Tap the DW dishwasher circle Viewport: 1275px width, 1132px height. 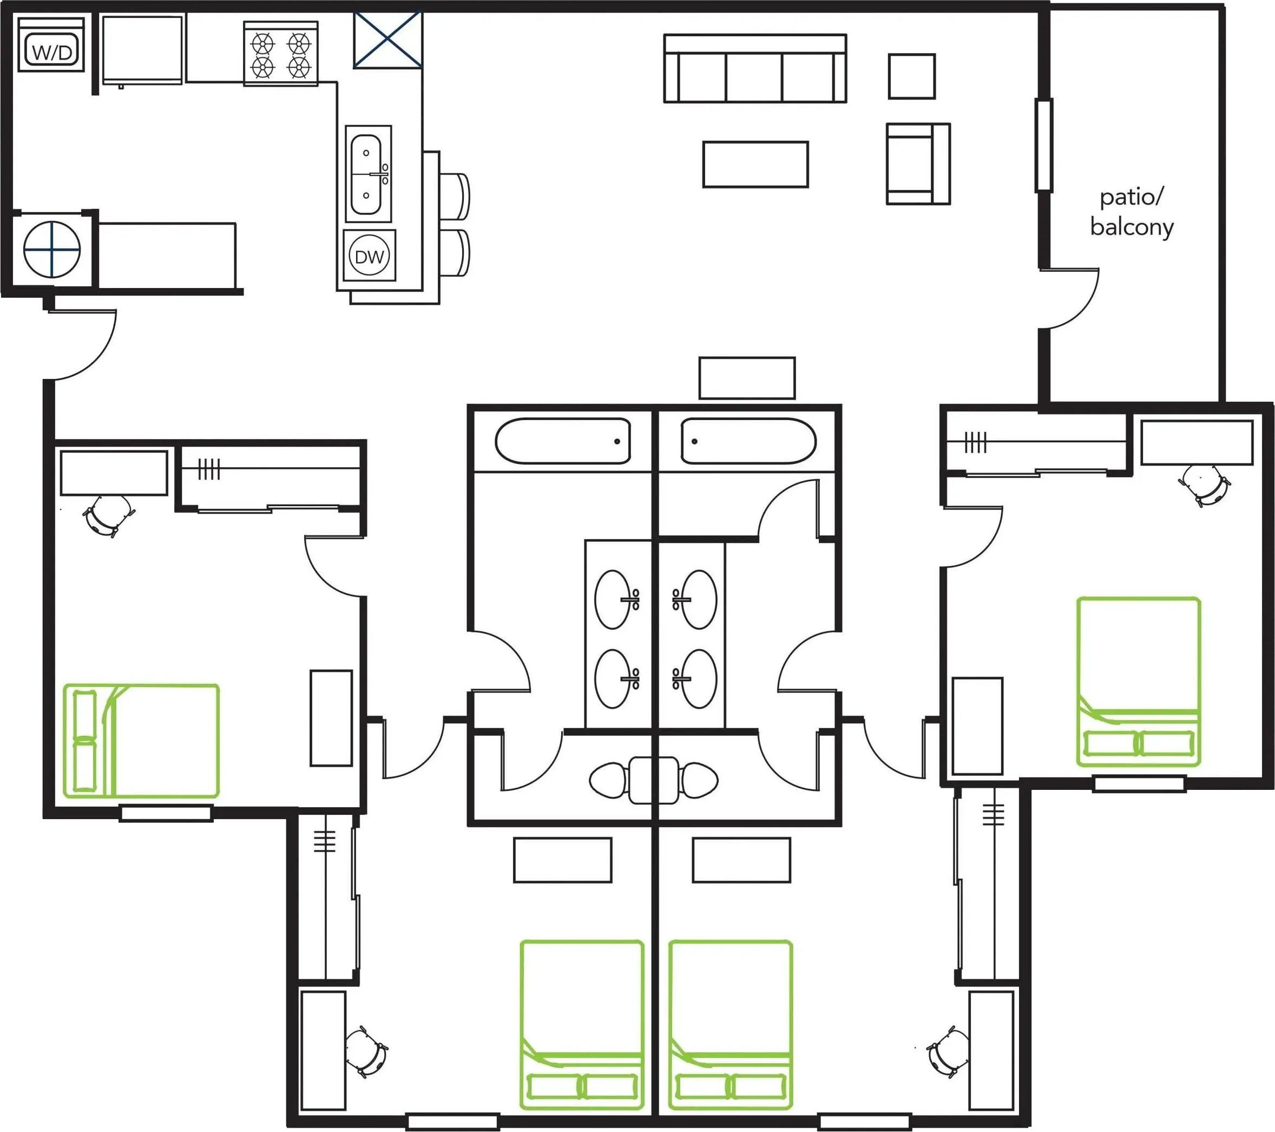[x=369, y=256]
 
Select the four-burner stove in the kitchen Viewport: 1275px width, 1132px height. [x=281, y=54]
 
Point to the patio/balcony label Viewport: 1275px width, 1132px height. [x=1132, y=212]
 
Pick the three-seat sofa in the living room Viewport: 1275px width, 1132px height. [x=755, y=68]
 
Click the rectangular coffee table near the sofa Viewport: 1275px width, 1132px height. [x=755, y=164]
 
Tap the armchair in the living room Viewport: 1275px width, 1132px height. [x=918, y=163]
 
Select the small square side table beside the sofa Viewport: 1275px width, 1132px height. [x=911, y=76]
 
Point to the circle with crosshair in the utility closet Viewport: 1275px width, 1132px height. [x=52, y=250]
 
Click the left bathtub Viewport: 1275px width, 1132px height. [x=563, y=441]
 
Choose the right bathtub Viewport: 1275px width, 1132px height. [x=748, y=441]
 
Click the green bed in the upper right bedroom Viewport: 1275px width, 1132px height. [x=1139, y=682]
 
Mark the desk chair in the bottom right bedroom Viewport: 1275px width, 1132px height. [x=947, y=1052]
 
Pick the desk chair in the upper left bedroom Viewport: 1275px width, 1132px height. [x=109, y=515]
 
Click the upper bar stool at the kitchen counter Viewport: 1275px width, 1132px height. [x=454, y=197]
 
